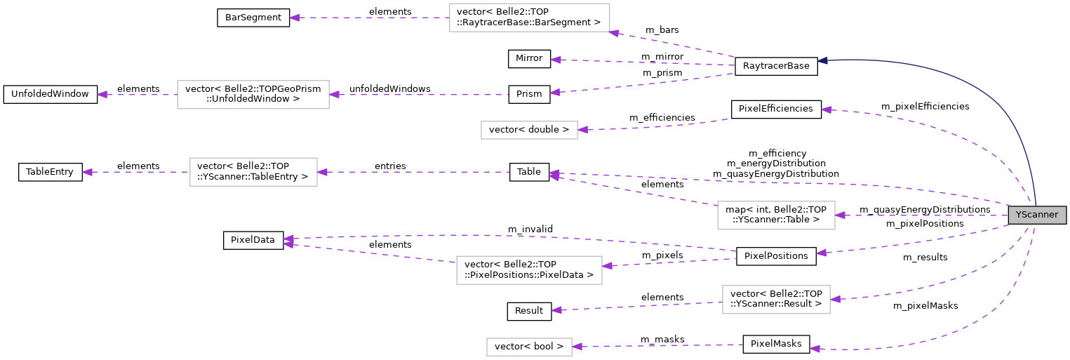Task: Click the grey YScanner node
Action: (x=1036, y=215)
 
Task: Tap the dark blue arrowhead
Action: (x=822, y=61)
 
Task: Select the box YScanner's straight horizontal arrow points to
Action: (x=776, y=215)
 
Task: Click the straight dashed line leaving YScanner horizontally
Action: (x=926, y=215)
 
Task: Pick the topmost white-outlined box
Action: (x=529, y=18)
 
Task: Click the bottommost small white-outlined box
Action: (x=529, y=347)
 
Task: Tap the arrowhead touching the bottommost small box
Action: (x=577, y=347)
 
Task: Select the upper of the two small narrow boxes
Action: (x=529, y=130)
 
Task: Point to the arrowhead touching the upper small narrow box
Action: (x=583, y=130)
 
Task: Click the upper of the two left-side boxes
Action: (x=253, y=95)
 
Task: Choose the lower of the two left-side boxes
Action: (x=253, y=172)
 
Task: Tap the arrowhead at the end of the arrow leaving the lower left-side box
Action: (x=87, y=172)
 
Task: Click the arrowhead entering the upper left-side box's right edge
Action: (x=335, y=95)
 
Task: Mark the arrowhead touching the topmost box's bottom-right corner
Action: (x=614, y=33)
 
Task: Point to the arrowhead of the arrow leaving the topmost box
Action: (x=295, y=18)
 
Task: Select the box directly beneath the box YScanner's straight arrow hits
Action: (x=776, y=300)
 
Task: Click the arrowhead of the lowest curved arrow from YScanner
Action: (x=815, y=349)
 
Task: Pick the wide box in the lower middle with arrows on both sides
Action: (x=529, y=270)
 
